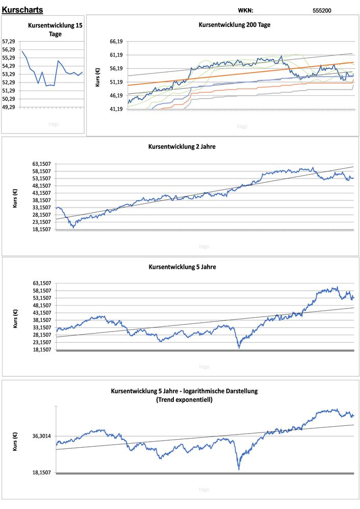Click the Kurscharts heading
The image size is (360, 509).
[x=22, y=10]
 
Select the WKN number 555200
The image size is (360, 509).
[x=322, y=10]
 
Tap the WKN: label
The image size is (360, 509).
[x=245, y=10]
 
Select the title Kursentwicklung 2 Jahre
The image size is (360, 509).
[x=182, y=147]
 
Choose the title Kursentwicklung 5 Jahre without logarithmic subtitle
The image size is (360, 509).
[x=182, y=266]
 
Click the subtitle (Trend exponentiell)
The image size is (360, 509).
[x=184, y=400]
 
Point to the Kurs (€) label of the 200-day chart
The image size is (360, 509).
[x=97, y=75]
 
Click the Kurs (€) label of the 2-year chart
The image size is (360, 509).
[x=15, y=197]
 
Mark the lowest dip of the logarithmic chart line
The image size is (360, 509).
[x=239, y=468]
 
